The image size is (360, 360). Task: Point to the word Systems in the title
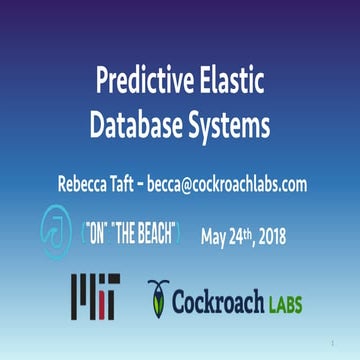point(235,124)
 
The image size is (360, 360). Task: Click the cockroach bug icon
point(158,296)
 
